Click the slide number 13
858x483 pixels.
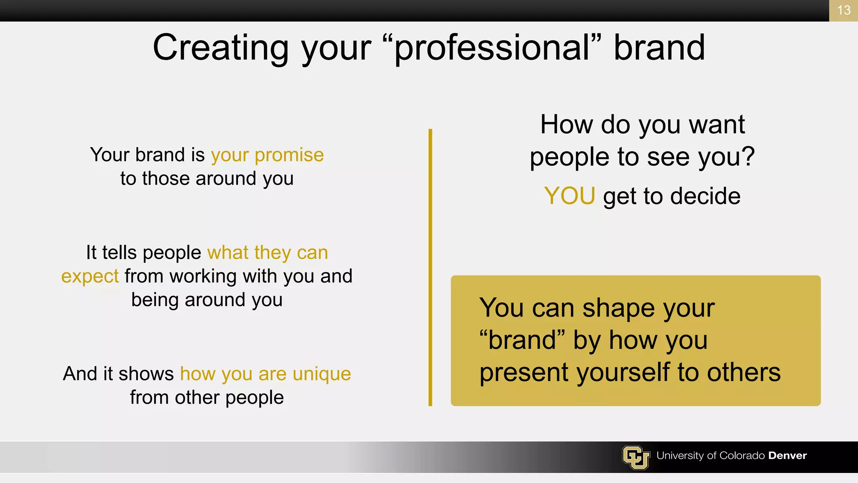click(x=843, y=10)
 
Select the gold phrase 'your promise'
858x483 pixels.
click(x=267, y=155)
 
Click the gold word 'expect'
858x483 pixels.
click(x=90, y=277)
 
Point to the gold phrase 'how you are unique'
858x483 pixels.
click(x=265, y=374)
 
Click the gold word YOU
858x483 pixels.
click(x=569, y=196)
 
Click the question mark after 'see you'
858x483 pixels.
click(x=747, y=157)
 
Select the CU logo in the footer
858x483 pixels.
click(x=636, y=457)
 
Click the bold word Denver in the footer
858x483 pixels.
click(x=787, y=456)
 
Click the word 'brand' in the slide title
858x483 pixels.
click(x=659, y=47)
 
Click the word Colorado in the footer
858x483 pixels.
click(x=742, y=456)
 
